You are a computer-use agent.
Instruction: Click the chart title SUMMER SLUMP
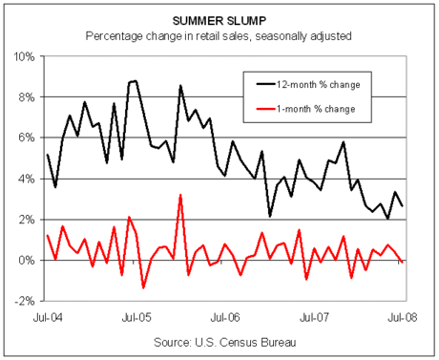(219, 21)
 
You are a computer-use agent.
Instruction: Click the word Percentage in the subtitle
(114, 36)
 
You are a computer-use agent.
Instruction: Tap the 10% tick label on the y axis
(24, 56)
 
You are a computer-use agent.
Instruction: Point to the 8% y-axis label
(27, 97)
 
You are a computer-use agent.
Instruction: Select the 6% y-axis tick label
(27, 138)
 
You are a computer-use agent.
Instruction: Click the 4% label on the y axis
(27, 179)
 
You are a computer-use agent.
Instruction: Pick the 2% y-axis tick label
(27, 220)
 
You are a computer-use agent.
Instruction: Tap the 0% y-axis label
(27, 261)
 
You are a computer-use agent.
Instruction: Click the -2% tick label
(25, 301)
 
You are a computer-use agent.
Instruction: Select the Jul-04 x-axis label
(48, 317)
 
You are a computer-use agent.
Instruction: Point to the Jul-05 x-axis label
(136, 317)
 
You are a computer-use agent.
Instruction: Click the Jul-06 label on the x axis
(225, 317)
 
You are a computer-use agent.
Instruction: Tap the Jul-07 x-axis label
(314, 317)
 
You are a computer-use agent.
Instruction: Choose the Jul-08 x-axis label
(403, 317)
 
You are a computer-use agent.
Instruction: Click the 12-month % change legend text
(318, 85)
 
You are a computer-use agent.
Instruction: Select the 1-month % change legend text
(316, 109)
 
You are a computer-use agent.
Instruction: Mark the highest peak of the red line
(180, 195)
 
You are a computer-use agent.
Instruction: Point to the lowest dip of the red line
(143, 287)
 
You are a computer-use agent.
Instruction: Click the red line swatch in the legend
(265, 109)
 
